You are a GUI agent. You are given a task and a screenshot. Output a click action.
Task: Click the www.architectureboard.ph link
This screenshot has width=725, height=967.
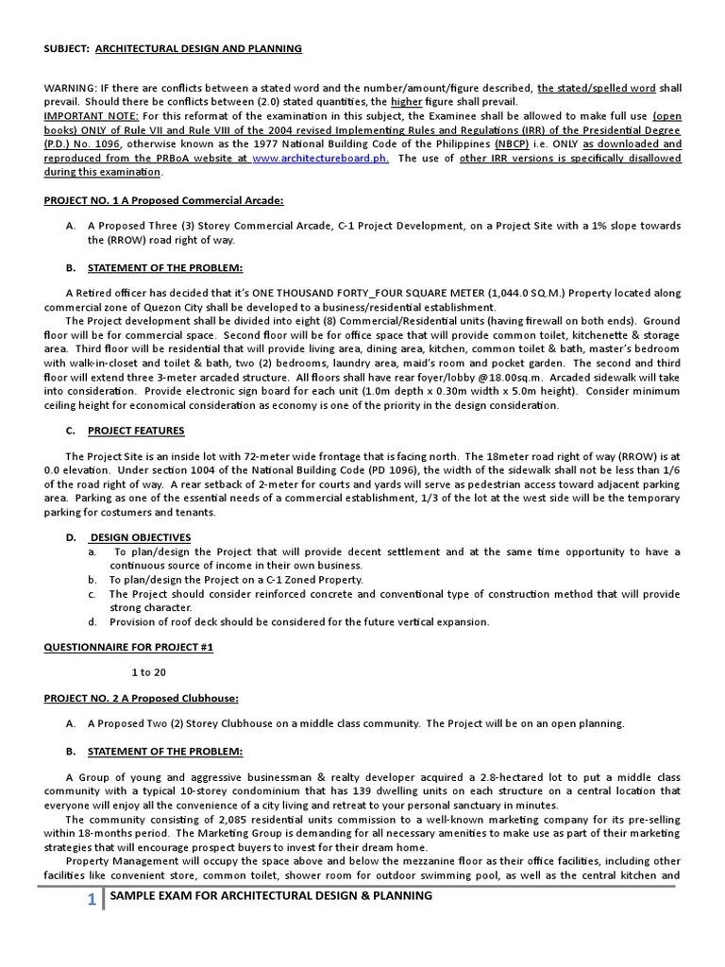pos(319,159)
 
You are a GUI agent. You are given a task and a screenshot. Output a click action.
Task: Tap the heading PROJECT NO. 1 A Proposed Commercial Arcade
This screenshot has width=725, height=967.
pos(163,200)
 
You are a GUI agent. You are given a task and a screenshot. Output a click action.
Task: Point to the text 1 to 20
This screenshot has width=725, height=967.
pos(148,671)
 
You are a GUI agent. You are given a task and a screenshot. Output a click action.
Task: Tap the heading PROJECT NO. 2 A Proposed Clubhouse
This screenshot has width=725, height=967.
pos(142,698)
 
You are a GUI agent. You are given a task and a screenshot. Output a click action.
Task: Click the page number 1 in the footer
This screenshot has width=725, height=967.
pos(92,900)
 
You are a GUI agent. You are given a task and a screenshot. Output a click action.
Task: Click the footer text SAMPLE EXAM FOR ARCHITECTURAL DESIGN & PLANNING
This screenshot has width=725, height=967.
pos(271,895)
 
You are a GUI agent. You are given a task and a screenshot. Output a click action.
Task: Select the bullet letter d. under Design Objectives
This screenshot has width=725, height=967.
pos(93,621)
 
